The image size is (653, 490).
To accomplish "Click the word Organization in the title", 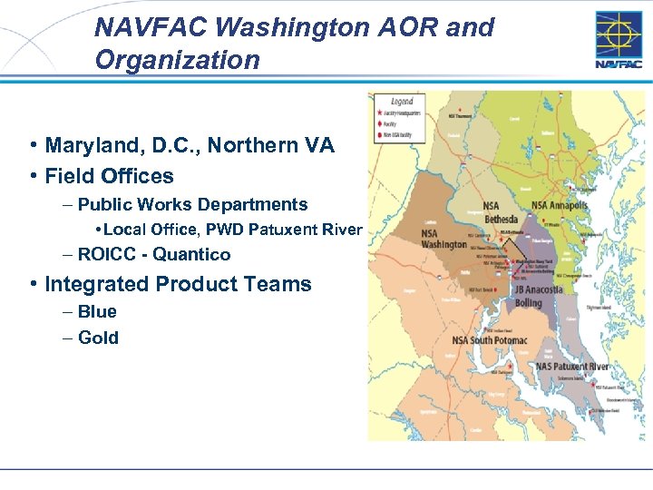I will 177,60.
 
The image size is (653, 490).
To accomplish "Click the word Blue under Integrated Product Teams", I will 97,311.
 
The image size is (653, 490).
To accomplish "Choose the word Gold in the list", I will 98,338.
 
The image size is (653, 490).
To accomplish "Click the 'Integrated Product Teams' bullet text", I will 178,284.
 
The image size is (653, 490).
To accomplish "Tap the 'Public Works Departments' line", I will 193,204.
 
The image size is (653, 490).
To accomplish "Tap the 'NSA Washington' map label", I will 443,239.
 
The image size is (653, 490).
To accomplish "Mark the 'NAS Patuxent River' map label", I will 571,367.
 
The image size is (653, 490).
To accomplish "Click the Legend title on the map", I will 401,102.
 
